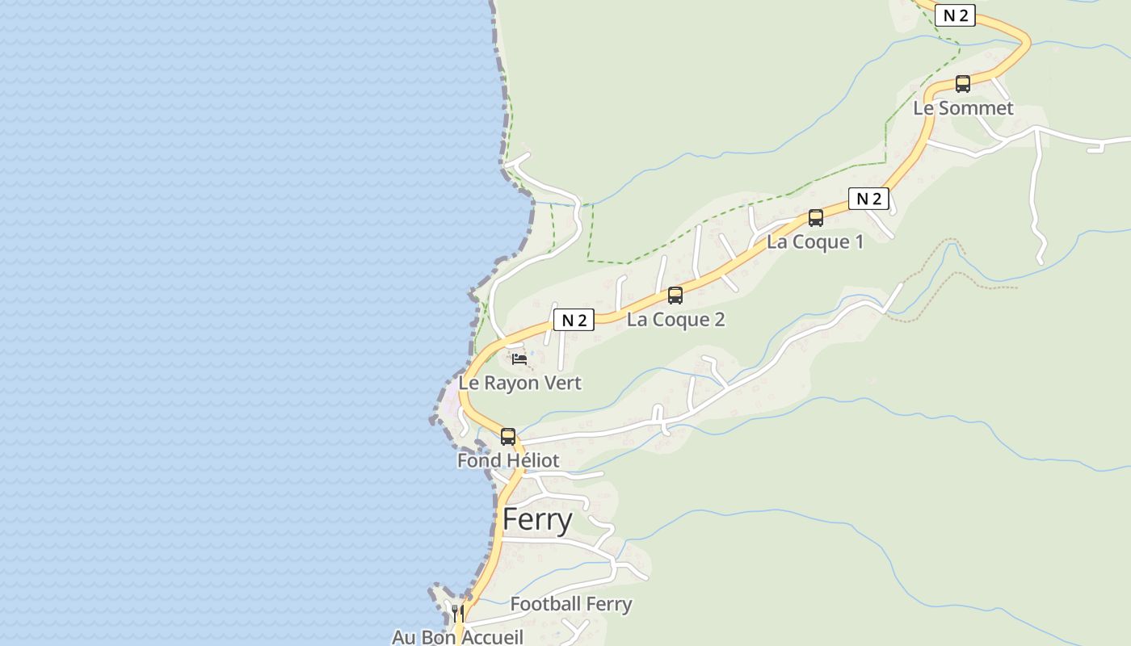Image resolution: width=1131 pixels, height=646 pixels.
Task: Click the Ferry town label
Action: point(537,520)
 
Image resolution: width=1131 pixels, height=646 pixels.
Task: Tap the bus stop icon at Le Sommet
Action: point(962,83)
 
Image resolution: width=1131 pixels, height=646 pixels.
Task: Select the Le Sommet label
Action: point(963,108)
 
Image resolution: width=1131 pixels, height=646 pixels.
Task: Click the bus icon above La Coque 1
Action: point(816,217)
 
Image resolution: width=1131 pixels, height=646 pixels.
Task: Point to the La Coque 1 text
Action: point(814,241)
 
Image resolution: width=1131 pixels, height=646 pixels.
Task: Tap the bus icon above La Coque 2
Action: point(675,295)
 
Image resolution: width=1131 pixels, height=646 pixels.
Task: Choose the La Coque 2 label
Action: point(675,319)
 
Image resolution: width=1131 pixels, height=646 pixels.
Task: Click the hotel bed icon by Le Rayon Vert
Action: point(519,359)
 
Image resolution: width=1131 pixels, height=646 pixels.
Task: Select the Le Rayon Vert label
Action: point(519,383)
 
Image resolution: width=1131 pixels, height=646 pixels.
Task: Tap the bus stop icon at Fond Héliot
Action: point(507,436)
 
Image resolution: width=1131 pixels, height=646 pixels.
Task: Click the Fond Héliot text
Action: point(507,460)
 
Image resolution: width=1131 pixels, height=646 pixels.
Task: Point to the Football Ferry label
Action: point(570,604)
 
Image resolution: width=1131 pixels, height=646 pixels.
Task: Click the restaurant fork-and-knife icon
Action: point(457,613)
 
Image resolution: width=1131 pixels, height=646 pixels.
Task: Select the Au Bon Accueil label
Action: point(457,637)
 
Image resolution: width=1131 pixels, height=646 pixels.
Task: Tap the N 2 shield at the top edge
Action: point(955,15)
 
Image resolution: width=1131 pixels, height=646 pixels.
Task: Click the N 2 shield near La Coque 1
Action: point(868,199)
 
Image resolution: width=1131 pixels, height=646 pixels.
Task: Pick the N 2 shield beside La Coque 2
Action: point(574,320)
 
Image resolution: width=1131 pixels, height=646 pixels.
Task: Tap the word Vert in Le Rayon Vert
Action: point(564,383)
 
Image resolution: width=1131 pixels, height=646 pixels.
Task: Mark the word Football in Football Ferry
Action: point(545,604)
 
